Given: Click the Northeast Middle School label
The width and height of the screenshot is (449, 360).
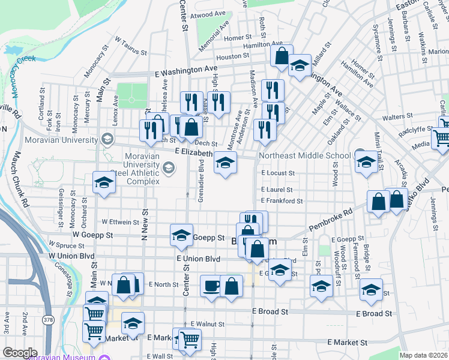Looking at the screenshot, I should [304, 156].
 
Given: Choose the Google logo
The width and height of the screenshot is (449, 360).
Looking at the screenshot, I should [20, 353].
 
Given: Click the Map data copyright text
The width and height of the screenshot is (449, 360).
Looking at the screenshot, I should [423, 355].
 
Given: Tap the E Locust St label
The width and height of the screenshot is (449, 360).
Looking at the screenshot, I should [277, 173].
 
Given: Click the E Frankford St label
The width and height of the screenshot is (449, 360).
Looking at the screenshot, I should [281, 201].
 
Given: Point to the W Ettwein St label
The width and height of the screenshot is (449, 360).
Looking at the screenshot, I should [120, 221].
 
